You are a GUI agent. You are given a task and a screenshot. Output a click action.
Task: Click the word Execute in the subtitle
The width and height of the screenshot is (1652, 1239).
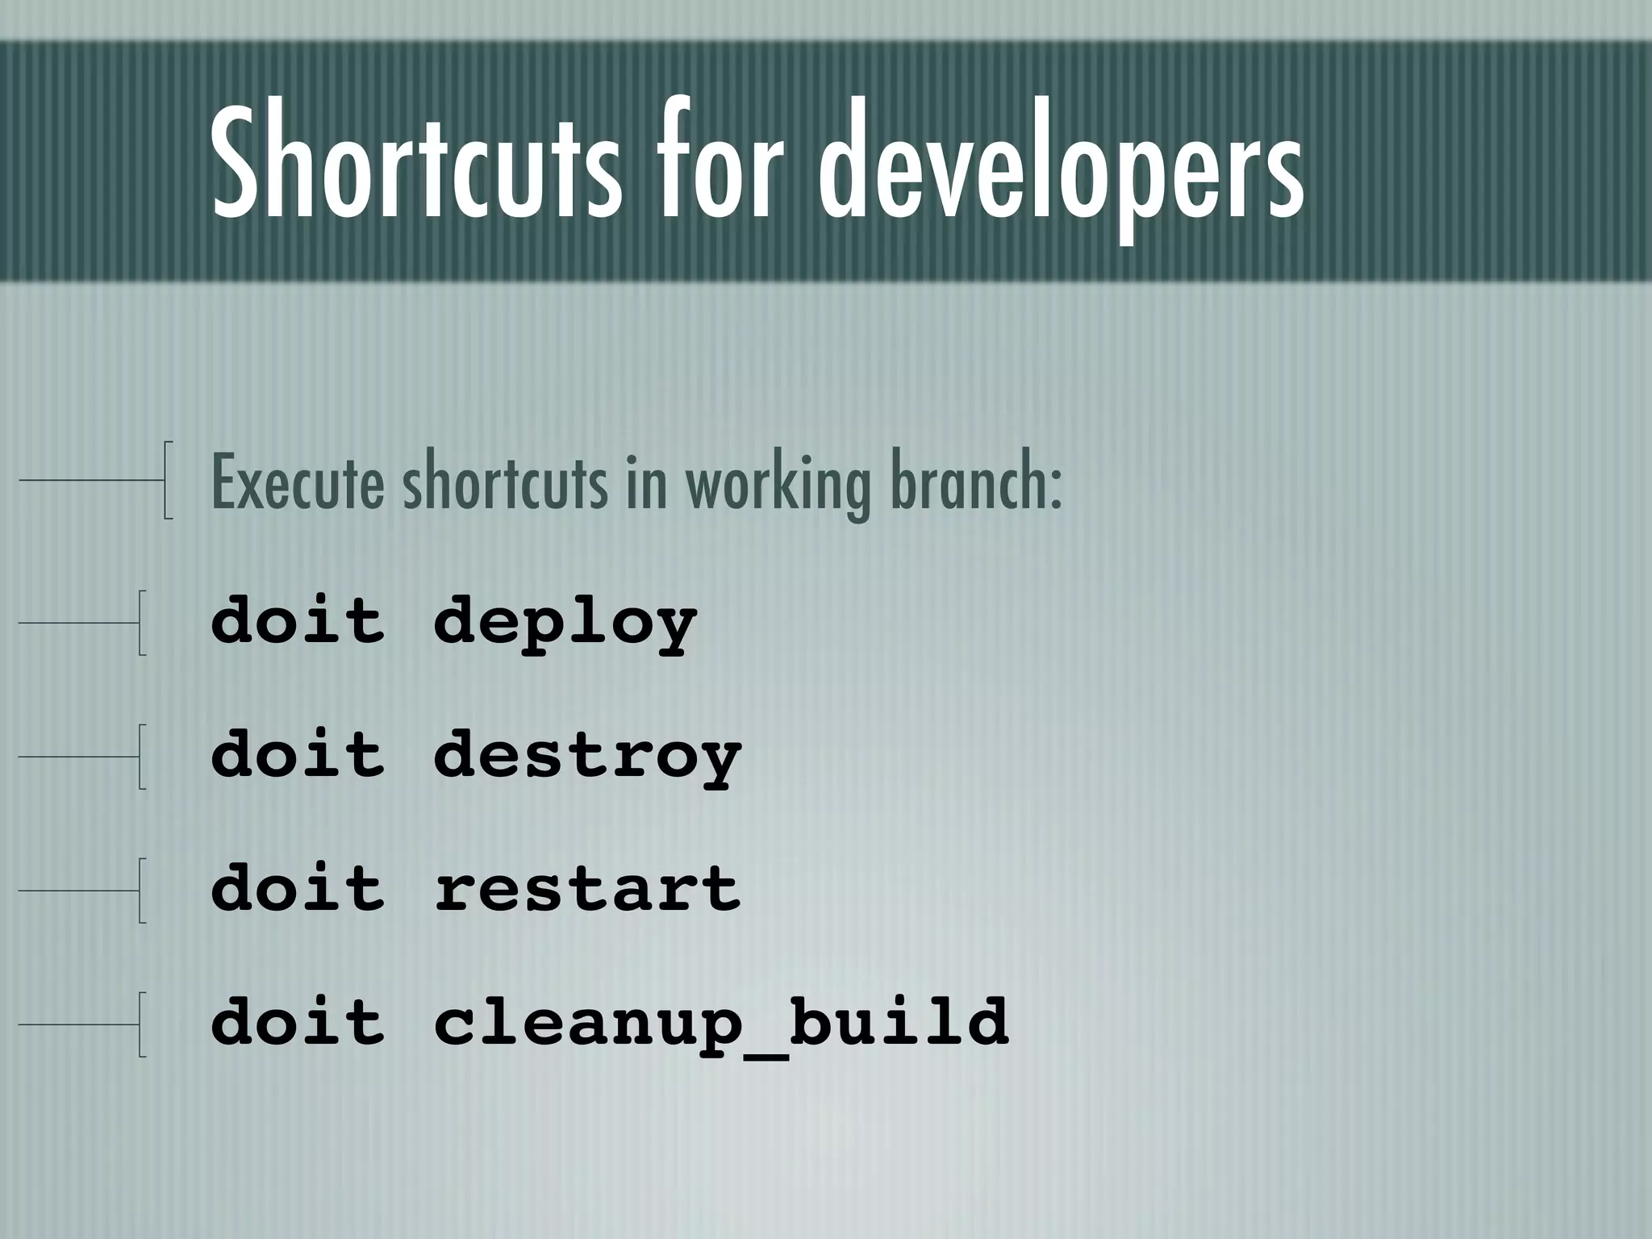click(297, 484)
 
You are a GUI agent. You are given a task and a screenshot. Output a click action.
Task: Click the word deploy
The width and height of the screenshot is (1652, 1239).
click(565, 623)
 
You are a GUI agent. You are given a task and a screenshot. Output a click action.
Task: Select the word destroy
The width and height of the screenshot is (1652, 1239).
click(587, 756)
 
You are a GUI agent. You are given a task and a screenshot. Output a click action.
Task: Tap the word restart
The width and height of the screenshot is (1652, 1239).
click(587, 889)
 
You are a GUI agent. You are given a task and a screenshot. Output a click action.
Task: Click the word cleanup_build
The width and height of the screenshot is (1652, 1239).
click(721, 1022)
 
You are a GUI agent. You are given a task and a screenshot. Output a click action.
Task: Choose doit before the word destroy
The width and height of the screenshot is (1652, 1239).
click(298, 753)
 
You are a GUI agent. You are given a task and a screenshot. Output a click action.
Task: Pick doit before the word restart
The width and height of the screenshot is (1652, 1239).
click(298, 887)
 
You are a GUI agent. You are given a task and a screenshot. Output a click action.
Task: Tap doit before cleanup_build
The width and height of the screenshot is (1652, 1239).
click(298, 1020)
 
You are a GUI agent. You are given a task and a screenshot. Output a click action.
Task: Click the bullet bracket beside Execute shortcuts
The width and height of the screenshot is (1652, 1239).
click(167, 479)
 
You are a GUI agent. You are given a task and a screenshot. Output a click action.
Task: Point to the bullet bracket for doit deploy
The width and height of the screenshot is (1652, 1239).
click(142, 622)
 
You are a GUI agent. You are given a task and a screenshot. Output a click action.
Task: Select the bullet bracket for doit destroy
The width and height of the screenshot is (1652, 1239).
click(142, 756)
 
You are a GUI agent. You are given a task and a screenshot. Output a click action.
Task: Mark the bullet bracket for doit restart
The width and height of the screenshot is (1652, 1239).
click(142, 890)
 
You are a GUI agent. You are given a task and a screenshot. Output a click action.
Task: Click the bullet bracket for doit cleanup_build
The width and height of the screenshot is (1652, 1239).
click(142, 1024)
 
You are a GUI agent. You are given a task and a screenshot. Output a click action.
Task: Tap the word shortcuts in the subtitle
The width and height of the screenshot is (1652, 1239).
click(505, 484)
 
